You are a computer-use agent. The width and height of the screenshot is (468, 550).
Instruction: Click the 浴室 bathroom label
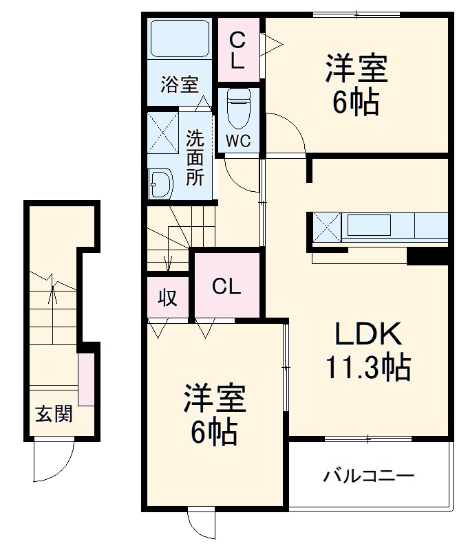(180, 85)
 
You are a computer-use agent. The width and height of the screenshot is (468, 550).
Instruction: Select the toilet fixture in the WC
(239, 109)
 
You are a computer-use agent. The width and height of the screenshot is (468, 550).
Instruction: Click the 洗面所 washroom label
(195, 157)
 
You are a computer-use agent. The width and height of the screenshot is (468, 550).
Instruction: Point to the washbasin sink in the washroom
(162, 184)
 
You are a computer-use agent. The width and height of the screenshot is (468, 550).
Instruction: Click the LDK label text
(368, 335)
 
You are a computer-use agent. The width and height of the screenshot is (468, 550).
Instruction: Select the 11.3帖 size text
(368, 368)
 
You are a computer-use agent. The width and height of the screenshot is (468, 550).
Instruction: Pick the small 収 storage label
(168, 298)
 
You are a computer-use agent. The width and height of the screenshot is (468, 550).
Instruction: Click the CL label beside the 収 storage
(226, 287)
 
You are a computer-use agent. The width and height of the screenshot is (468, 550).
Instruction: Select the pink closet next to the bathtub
(237, 51)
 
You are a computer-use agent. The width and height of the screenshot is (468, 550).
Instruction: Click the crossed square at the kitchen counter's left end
(327, 225)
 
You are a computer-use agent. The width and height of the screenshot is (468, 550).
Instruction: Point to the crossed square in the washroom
(163, 131)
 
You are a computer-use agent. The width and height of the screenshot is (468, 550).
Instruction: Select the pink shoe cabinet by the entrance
(86, 379)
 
